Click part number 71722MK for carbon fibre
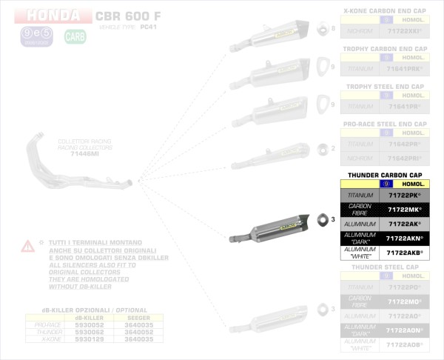(x=404, y=210)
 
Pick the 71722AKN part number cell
(x=404, y=239)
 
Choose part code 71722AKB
(x=404, y=253)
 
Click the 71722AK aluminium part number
(x=404, y=224)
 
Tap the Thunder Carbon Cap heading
(x=383, y=174)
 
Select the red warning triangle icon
(x=27, y=245)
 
